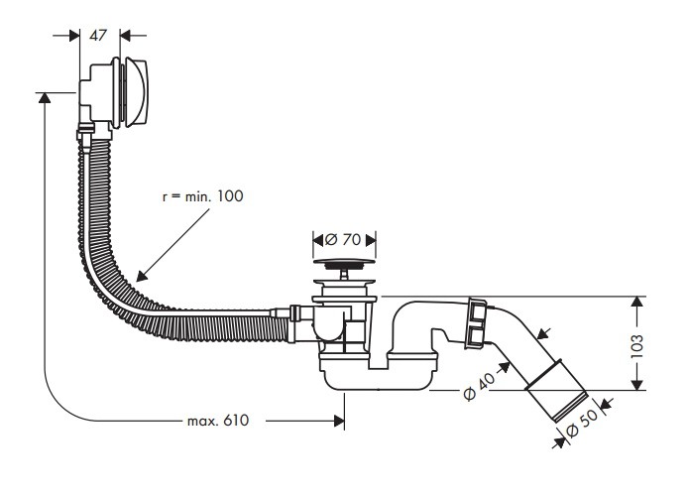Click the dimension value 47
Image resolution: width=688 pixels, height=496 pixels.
click(x=98, y=35)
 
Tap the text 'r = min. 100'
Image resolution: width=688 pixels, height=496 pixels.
click(x=202, y=196)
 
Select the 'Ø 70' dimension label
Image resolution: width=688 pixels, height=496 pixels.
click(x=344, y=240)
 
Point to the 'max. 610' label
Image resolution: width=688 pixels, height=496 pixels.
click(x=218, y=421)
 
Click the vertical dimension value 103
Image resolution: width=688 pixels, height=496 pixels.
click(x=636, y=346)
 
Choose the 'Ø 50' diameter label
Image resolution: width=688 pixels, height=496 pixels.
click(x=582, y=424)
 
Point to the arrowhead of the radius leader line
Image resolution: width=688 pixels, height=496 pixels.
click(x=142, y=276)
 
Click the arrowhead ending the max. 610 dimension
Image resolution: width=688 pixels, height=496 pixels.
click(x=339, y=421)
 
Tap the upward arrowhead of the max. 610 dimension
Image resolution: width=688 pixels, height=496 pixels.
click(x=45, y=97)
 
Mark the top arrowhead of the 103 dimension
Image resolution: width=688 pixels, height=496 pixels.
click(x=637, y=302)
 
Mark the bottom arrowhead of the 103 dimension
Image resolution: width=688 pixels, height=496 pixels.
click(x=637, y=385)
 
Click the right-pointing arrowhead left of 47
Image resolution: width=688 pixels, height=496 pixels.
click(x=74, y=35)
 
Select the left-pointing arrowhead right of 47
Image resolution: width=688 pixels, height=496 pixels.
click(x=125, y=35)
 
